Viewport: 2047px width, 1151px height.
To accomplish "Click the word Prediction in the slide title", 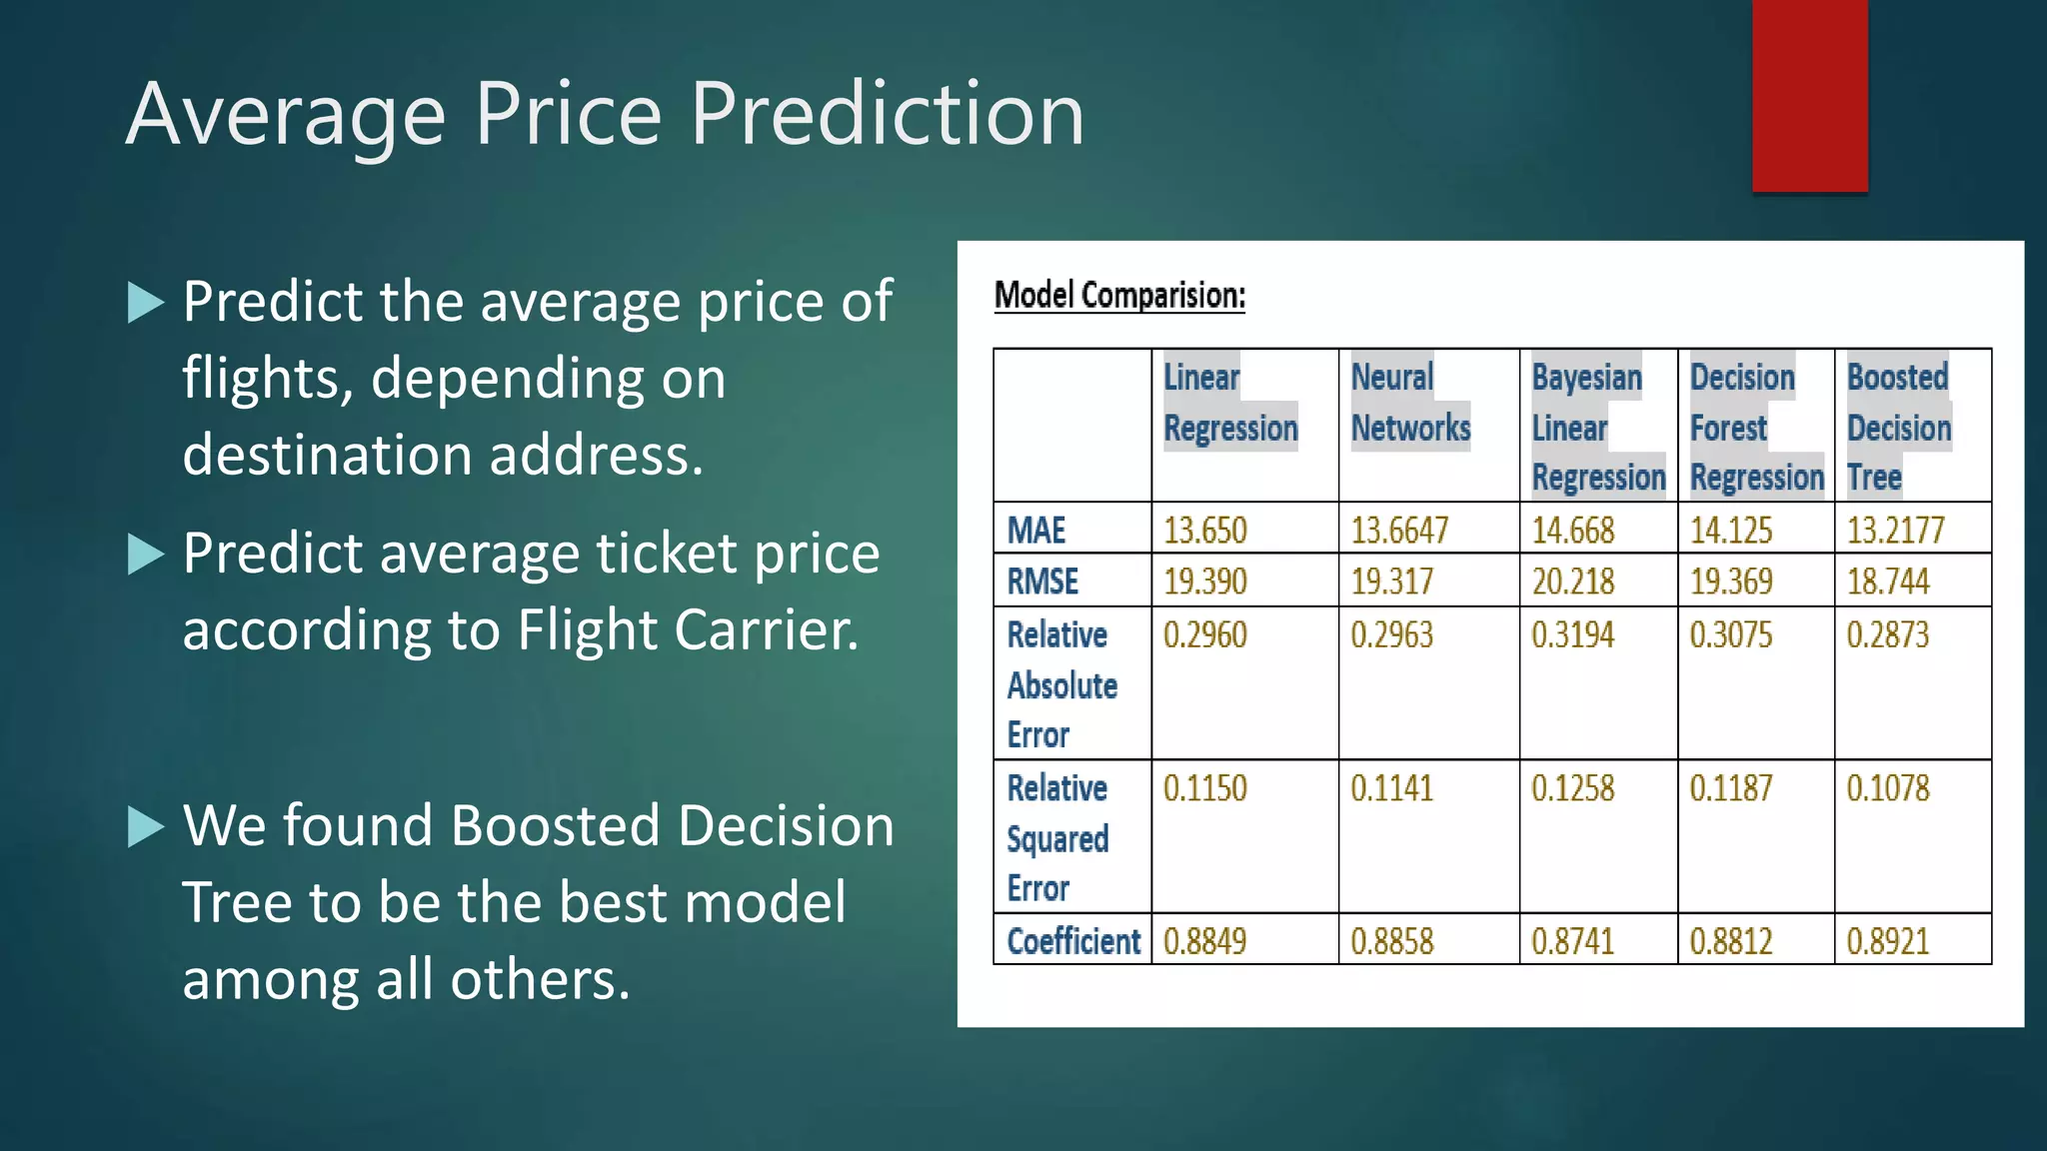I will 887,114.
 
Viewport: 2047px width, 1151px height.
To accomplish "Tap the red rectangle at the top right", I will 1809,96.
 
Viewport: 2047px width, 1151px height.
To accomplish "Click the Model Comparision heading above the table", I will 1119,296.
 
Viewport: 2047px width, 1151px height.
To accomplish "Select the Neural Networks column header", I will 1410,404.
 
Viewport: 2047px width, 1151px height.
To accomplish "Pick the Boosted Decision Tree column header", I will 1898,427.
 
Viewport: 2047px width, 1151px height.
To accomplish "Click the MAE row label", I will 1036,530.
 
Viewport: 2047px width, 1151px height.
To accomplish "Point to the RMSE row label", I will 1042,581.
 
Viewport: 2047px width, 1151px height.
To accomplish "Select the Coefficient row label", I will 1073,941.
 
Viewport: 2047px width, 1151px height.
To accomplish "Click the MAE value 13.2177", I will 1895,530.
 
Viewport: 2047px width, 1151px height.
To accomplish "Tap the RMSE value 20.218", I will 1573,581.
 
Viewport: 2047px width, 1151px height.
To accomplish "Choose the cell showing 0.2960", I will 1205,635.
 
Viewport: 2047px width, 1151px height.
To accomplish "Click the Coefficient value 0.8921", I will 1887,941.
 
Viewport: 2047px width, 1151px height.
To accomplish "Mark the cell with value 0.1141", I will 1391,789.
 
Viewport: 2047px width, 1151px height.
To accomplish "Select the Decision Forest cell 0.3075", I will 1730,635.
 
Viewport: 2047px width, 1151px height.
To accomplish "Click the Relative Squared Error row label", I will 1057,838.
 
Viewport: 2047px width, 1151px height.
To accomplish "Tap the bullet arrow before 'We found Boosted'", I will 146,827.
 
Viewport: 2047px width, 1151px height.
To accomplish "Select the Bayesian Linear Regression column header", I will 1597,428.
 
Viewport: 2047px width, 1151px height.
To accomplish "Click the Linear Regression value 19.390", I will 1205,581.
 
